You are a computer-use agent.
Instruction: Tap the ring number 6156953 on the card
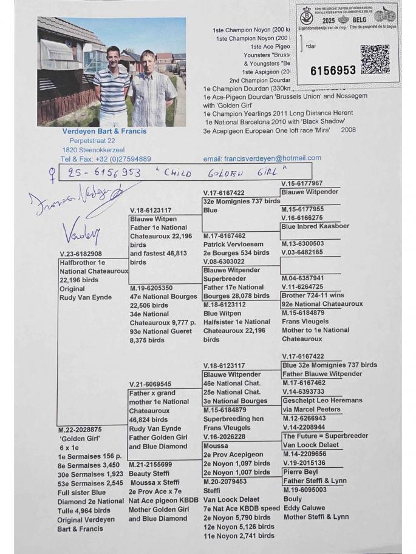pyautogui.click(x=333, y=71)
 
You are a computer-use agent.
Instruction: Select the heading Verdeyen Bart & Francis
pyautogui.click(x=104, y=131)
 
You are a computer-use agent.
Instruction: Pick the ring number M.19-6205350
pyautogui.click(x=155, y=288)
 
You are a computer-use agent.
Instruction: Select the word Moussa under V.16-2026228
pyautogui.click(x=216, y=446)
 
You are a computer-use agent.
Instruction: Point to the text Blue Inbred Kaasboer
pyautogui.click(x=315, y=226)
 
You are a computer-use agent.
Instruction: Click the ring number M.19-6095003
pyautogui.click(x=309, y=490)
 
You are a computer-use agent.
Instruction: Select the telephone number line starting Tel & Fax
pyautogui.click(x=106, y=159)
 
